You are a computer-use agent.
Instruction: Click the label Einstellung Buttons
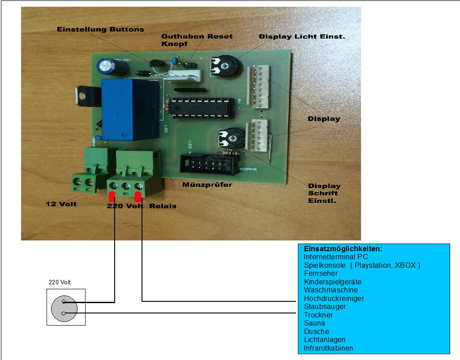click(100, 29)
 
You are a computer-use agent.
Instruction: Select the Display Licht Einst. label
click(302, 36)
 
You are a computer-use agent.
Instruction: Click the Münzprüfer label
click(207, 184)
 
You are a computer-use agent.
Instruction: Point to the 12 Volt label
click(61, 204)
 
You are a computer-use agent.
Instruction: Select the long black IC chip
click(202, 109)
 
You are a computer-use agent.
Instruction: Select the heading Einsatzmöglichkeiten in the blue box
click(343, 249)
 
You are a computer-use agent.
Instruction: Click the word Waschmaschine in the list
click(331, 290)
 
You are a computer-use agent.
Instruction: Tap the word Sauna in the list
click(314, 323)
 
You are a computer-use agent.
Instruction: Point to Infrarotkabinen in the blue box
click(328, 348)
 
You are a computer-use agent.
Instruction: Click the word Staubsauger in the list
click(325, 307)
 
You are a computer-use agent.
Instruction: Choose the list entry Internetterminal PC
click(336, 257)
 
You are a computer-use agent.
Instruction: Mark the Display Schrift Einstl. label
click(324, 193)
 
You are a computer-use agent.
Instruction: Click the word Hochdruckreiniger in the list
click(334, 298)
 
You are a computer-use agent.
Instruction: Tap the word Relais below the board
click(163, 206)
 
